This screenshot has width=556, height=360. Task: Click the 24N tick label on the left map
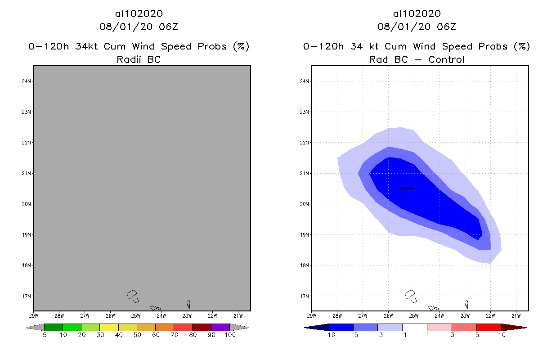[27, 81]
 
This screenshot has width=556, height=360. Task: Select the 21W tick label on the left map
[239, 315]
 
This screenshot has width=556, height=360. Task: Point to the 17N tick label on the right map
[305, 296]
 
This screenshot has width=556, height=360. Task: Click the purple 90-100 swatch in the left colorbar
[220, 327]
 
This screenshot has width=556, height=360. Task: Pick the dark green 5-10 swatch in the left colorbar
[54, 327]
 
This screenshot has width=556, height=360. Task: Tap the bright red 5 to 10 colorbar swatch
[489, 327]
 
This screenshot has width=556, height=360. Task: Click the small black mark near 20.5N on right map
[407, 189]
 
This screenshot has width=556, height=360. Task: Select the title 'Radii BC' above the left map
[139, 59]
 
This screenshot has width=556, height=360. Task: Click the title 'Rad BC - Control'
[417, 59]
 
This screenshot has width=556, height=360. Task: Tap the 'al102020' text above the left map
[139, 14]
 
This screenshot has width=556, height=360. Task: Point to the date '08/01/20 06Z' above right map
[417, 27]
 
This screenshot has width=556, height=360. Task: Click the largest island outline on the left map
[132, 294]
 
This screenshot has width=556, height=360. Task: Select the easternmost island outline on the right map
[466, 304]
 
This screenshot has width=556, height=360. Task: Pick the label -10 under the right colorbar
[328, 335]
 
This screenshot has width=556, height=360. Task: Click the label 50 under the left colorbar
[137, 335]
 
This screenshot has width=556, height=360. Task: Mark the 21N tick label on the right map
[305, 174]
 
